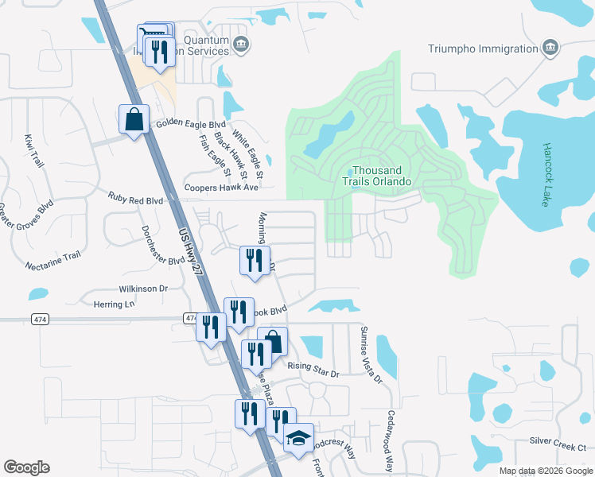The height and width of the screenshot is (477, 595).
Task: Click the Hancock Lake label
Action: point(546,175)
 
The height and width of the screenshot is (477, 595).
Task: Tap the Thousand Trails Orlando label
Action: point(382,176)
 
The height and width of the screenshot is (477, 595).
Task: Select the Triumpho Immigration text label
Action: point(483,48)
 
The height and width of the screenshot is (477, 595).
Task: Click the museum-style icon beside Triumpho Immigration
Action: point(550,48)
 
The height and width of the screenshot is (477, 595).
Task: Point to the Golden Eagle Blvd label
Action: point(191,125)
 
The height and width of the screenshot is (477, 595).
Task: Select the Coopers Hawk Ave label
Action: point(222,188)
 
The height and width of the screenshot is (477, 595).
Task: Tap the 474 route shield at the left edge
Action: point(40,319)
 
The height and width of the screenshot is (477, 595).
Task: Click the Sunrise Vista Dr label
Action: point(371,355)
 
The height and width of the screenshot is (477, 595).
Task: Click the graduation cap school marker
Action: point(299,438)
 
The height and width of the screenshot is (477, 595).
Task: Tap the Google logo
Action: point(26,467)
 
